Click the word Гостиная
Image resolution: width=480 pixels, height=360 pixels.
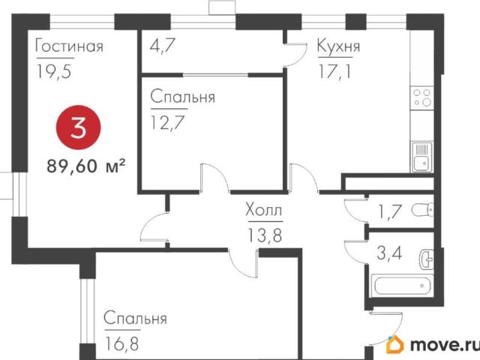point(69,48)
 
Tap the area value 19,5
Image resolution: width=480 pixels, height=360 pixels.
point(52,71)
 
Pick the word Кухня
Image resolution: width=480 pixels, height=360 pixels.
point(338,48)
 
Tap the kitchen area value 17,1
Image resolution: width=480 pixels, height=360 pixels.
point(335,71)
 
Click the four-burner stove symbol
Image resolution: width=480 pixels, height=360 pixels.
point(422,97)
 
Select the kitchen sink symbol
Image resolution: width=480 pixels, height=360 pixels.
point(420,158)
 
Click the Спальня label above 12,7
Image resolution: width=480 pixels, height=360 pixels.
point(183,97)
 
